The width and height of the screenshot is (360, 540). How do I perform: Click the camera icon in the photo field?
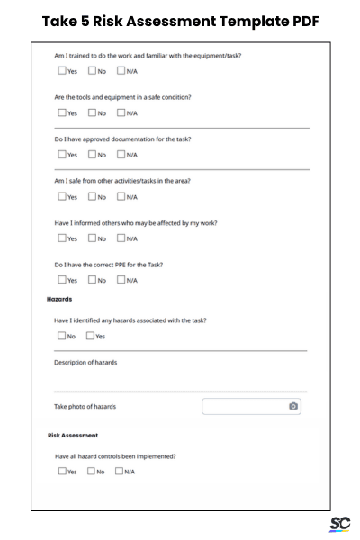click(x=293, y=407)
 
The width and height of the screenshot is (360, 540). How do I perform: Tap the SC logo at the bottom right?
click(x=339, y=524)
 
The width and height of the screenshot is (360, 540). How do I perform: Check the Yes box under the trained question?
click(x=62, y=71)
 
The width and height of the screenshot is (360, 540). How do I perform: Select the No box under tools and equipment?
click(x=92, y=113)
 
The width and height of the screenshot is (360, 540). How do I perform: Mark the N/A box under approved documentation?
click(x=121, y=155)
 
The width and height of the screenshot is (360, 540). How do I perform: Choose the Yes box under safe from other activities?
click(x=62, y=196)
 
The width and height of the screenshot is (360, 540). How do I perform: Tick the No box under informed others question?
click(x=92, y=238)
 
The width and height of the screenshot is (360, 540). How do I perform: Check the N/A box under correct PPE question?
click(x=121, y=280)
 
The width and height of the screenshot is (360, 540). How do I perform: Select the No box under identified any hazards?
click(x=62, y=336)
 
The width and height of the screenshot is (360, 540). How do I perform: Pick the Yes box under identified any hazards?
click(x=90, y=336)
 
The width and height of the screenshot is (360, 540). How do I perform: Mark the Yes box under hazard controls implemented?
click(x=62, y=471)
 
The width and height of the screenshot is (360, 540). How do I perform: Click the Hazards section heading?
click(x=59, y=299)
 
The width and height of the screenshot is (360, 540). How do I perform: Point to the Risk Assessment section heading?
click(x=73, y=435)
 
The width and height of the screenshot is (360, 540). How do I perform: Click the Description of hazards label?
click(x=85, y=363)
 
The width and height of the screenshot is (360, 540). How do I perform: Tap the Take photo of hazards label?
click(x=85, y=407)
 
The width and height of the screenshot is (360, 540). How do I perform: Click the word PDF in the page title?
click(x=299, y=21)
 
